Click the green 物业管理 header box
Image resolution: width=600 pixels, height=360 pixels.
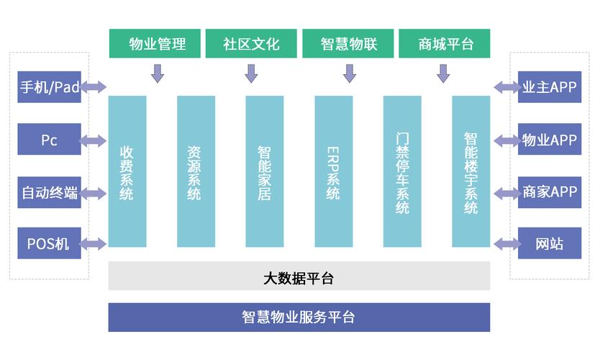(156, 44)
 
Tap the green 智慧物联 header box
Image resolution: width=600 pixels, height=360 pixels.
(348, 44)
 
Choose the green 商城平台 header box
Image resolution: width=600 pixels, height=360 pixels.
(444, 44)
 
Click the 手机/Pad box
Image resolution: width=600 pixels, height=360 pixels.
(49, 87)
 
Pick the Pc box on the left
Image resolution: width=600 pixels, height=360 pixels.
(49, 140)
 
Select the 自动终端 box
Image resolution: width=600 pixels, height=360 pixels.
(49, 192)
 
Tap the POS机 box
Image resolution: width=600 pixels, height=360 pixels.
(49, 243)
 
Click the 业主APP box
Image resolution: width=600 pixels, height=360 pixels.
(550, 87)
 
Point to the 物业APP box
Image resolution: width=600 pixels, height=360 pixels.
(550, 140)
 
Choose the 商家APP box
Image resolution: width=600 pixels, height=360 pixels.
(550, 192)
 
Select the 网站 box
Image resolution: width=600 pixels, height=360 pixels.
(550, 243)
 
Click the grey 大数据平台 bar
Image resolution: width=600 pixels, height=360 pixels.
(299, 276)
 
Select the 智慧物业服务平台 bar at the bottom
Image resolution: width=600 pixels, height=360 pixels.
(299, 318)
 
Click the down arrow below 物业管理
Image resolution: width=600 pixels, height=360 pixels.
(158, 73)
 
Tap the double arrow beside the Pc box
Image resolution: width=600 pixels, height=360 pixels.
(94, 140)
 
